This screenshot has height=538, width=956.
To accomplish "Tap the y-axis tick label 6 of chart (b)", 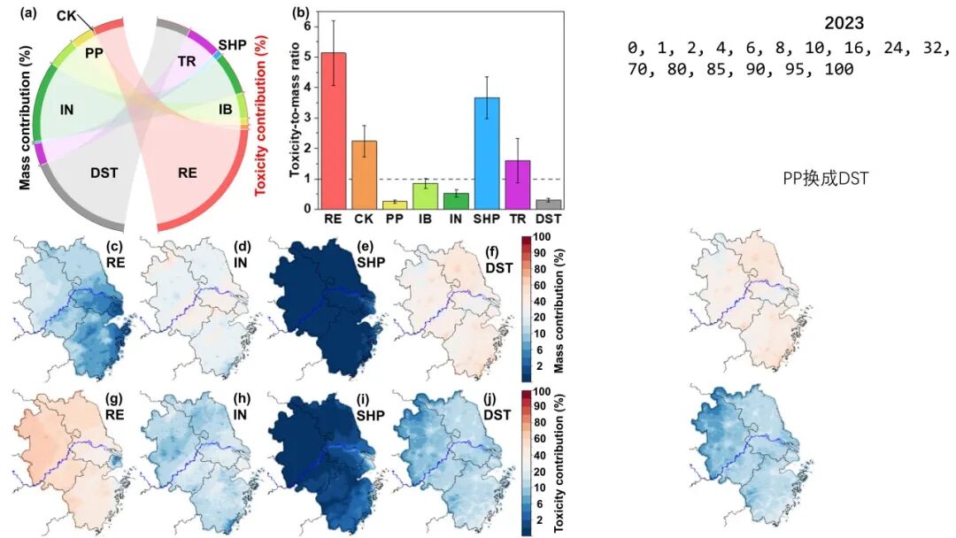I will click(x=307, y=26).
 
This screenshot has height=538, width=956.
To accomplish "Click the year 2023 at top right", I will click(x=844, y=24).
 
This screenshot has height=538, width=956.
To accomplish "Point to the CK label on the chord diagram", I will click(x=66, y=15).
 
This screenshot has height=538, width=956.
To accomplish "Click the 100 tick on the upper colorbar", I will click(x=544, y=237).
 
